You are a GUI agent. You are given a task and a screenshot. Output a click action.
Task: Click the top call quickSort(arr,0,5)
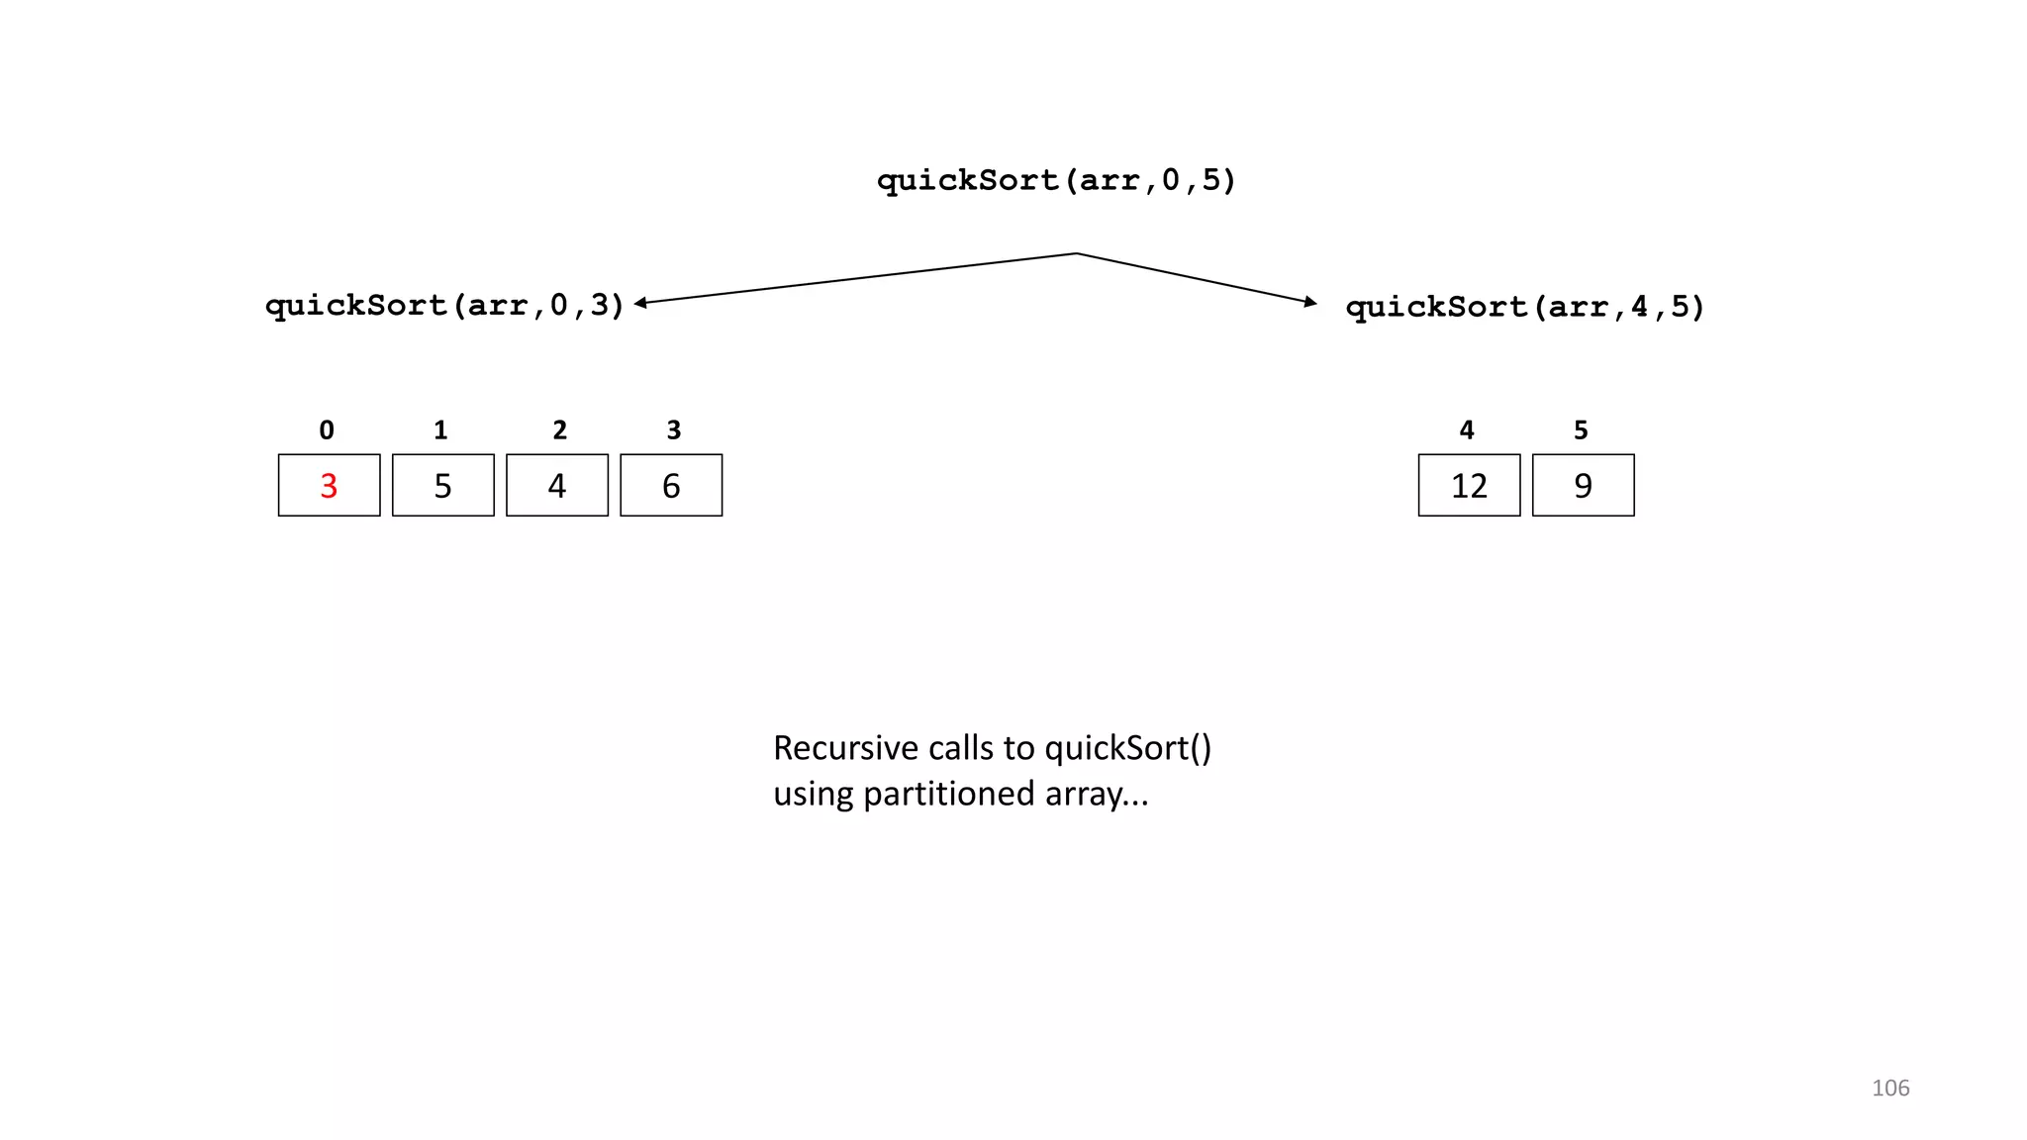[x=1056, y=180]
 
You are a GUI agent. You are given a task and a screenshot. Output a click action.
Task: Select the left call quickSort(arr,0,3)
[x=445, y=305]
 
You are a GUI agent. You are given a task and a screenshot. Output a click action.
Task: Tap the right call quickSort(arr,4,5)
[x=1525, y=307]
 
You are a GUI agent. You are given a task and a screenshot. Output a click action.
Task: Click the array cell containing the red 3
[x=329, y=485]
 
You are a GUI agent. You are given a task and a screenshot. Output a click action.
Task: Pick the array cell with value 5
[x=442, y=485]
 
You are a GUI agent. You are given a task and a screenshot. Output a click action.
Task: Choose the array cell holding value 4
[x=557, y=485]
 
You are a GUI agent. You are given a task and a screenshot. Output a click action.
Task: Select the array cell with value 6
[x=671, y=485]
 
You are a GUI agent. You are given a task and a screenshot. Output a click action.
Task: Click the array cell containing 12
[x=1469, y=485]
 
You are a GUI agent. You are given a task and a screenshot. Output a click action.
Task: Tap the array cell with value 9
[x=1583, y=485]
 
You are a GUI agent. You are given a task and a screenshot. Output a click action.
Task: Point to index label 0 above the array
[x=327, y=429]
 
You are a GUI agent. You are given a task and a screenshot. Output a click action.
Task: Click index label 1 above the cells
[x=440, y=429]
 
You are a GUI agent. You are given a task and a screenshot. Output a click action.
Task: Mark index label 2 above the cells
[x=559, y=429]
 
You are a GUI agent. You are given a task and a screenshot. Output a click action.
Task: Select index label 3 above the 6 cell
[x=674, y=429]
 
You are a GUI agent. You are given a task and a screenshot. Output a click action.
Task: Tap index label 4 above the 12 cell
[x=1467, y=429]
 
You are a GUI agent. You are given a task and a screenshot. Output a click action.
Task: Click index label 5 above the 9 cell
[x=1581, y=429]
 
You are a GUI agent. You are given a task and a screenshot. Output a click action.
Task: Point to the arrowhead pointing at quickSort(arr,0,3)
[x=641, y=303]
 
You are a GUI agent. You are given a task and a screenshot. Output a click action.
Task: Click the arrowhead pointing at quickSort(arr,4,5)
[x=1310, y=302]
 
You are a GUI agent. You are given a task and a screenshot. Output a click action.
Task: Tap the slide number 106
[x=1889, y=1088]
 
